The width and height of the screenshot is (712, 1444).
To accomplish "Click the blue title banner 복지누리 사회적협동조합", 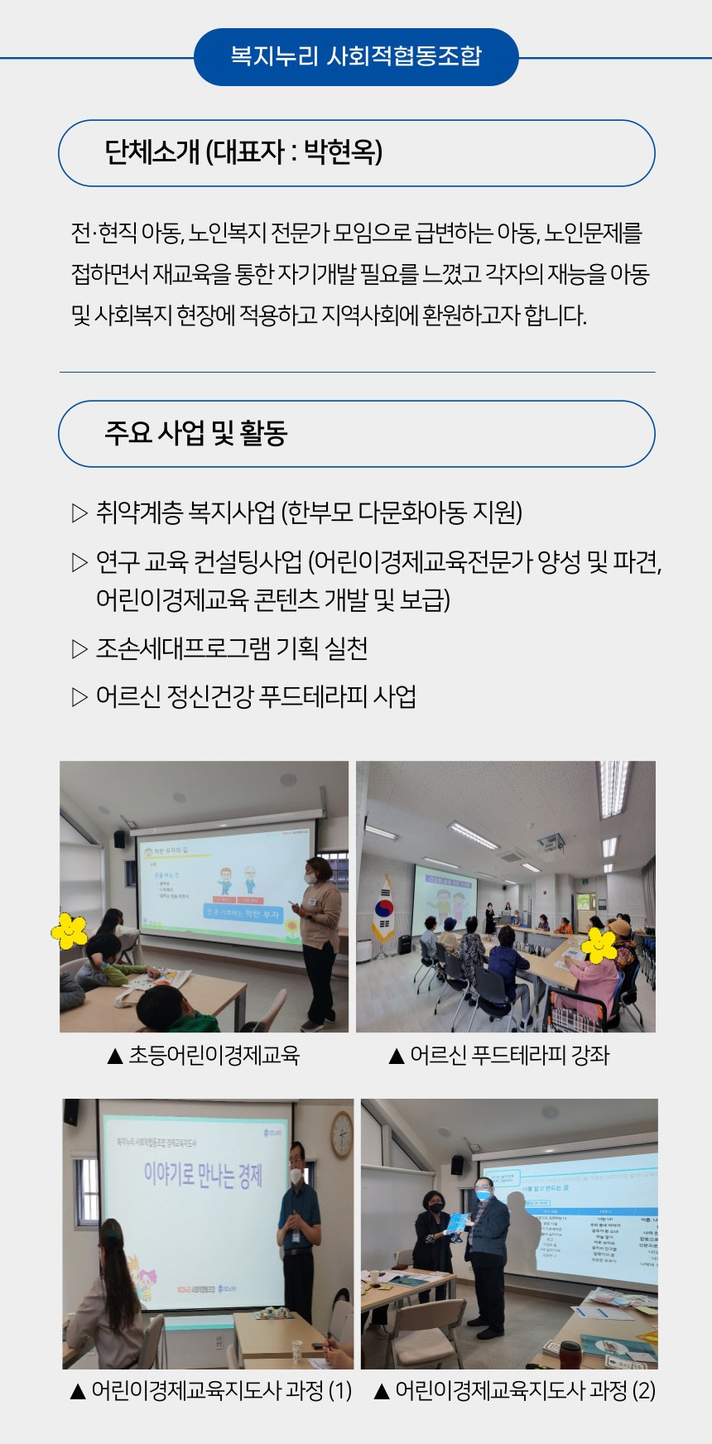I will click(356, 56).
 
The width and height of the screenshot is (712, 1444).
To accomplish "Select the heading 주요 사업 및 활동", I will click(195, 433).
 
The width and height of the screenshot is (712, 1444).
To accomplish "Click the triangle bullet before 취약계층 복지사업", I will click(79, 513).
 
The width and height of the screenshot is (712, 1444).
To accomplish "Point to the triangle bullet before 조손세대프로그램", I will click(79, 648).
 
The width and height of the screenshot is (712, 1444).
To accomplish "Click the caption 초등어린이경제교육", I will click(214, 1056).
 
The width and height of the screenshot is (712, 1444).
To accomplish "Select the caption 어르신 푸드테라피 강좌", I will click(509, 1056).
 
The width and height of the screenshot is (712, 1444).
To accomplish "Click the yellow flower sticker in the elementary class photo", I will click(70, 931).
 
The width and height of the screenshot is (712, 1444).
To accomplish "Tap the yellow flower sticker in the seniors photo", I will click(599, 946).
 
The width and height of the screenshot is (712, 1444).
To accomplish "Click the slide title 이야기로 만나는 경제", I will click(203, 1175).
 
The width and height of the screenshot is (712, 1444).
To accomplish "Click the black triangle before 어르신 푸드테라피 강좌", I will click(396, 1056).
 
